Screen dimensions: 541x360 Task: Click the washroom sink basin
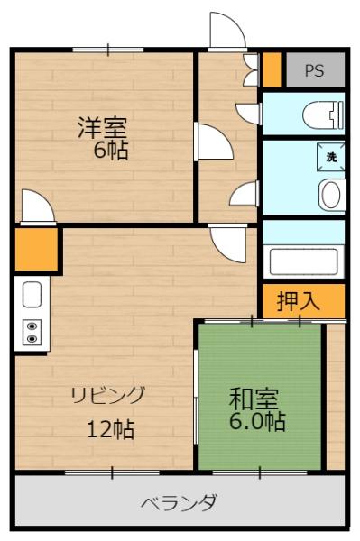331,194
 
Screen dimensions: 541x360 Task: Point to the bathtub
304,261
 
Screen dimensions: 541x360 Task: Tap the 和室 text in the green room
254,398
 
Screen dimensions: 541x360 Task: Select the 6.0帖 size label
257,421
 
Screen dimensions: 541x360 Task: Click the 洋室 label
100,128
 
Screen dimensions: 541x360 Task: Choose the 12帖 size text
110,429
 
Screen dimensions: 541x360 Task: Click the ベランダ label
178,501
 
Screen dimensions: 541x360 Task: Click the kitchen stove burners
32,332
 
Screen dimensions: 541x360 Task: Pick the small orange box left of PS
272,69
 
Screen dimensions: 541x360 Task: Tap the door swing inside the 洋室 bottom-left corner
36,206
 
